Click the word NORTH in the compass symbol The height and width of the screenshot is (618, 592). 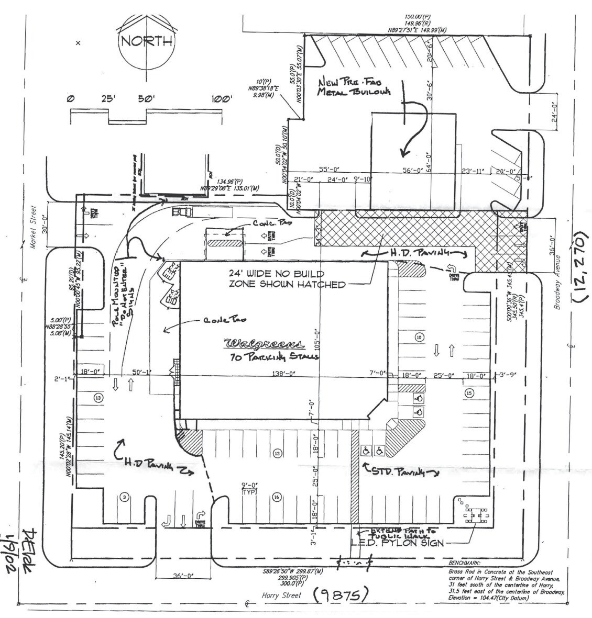pos(147,42)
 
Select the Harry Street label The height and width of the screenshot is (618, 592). pos(282,595)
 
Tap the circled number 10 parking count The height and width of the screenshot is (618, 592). pos(419,338)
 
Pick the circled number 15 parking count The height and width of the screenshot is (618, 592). pos(469,392)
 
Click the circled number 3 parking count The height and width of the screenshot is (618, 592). pos(124,496)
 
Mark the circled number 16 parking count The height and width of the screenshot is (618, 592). pos(276,497)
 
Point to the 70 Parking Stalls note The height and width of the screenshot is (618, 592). pos(267,357)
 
